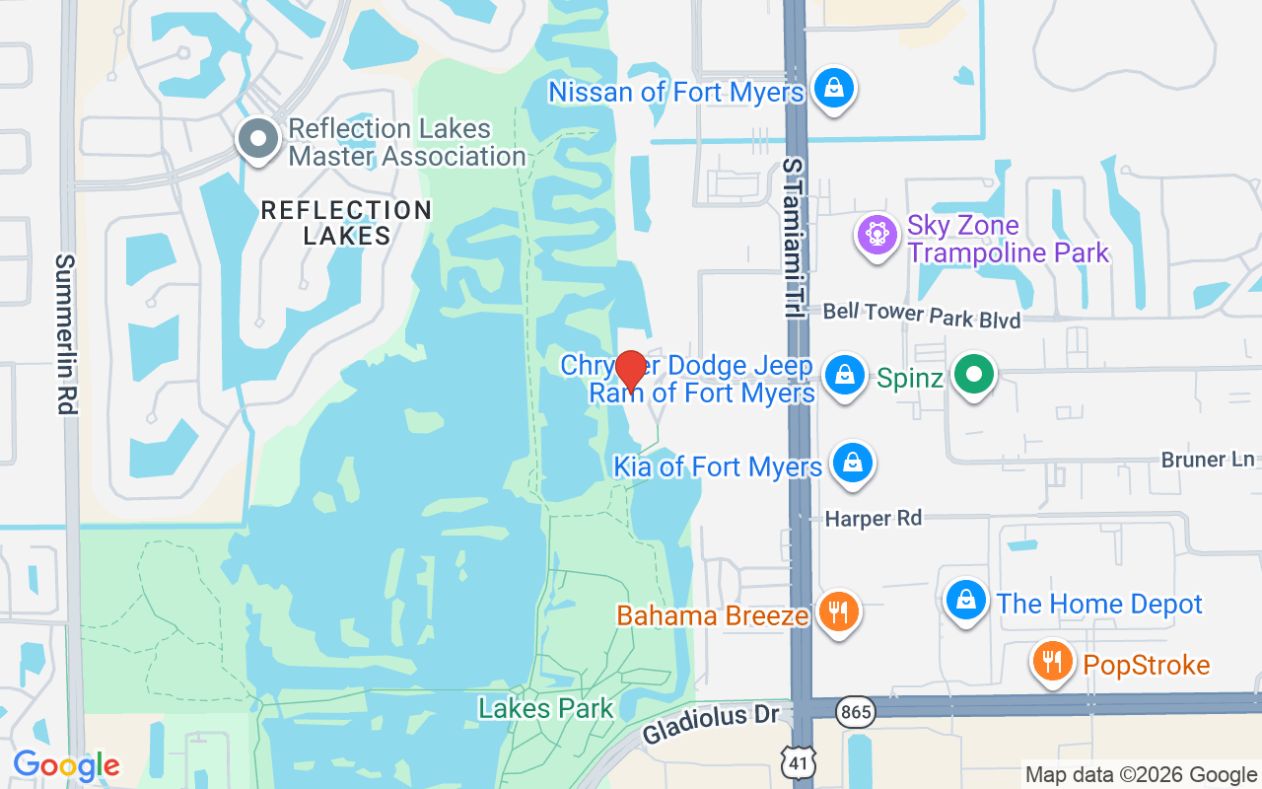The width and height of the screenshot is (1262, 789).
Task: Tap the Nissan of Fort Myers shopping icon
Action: tap(834, 88)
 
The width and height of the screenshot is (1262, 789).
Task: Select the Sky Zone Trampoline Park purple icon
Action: tap(875, 235)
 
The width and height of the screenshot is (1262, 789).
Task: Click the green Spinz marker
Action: tap(974, 375)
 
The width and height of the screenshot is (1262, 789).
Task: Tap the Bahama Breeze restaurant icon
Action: tap(838, 612)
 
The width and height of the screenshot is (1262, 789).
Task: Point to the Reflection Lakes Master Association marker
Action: tap(257, 140)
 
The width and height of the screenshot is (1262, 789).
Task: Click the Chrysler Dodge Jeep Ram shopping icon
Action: tap(844, 375)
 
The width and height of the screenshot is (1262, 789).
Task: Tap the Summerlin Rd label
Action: tap(66, 333)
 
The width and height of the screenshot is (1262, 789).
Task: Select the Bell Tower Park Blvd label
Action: tap(921, 315)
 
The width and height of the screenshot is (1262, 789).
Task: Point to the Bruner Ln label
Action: tap(1207, 460)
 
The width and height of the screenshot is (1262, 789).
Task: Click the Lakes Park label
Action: tap(545, 707)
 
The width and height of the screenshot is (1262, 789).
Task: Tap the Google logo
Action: tap(66, 764)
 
